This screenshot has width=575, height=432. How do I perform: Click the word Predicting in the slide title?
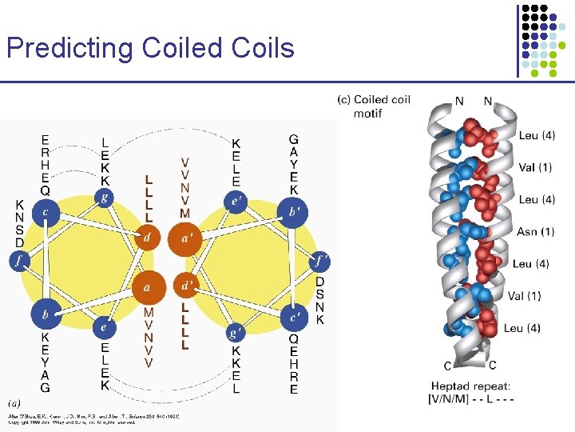pos(70,48)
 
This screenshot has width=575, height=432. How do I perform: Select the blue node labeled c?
pos(46,211)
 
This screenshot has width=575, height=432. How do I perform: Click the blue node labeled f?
pos(19,260)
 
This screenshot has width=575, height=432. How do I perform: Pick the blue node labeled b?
pos(46,314)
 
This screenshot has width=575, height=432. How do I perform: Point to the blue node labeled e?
pos(102,326)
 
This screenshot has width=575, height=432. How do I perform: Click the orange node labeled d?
pos(147,237)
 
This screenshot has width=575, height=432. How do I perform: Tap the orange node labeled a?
pos(147,286)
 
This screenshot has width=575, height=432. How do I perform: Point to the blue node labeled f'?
pos(320,260)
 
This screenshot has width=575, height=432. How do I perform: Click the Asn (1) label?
pos(535,232)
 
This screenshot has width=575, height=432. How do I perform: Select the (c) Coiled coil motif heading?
pos(374,106)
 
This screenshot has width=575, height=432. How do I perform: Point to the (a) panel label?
pos(15,402)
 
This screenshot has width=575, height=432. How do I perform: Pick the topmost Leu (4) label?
pos(537,136)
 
